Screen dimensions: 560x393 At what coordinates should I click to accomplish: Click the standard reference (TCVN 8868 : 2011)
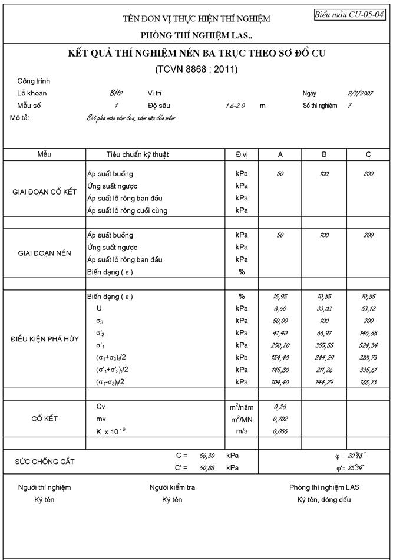(196, 69)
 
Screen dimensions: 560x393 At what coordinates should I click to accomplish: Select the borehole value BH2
(116, 93)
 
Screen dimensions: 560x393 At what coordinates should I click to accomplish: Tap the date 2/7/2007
(360, 93)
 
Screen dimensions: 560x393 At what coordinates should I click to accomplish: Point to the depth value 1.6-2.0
(236, 106)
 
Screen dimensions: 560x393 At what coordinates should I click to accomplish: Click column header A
(280, 154)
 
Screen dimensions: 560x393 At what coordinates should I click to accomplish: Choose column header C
(368, 154)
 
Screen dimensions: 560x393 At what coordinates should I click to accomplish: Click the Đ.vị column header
(242, 154)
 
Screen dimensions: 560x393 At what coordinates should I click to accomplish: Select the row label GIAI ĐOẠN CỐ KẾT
(45, 192)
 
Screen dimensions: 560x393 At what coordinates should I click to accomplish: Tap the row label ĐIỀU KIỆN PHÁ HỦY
(45, 339)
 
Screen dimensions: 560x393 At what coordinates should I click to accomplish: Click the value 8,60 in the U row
(280, 308)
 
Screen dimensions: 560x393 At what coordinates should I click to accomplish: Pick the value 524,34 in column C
(368, 345)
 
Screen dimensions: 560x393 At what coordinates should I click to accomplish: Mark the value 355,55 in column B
(324, 345)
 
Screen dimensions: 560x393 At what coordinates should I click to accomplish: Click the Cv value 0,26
(280, 407)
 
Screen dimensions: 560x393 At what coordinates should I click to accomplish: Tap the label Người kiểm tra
(172, 487)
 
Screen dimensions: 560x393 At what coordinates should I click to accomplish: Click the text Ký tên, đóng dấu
(323, 500)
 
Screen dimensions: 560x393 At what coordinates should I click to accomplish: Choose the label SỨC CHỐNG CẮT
(45, 462)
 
